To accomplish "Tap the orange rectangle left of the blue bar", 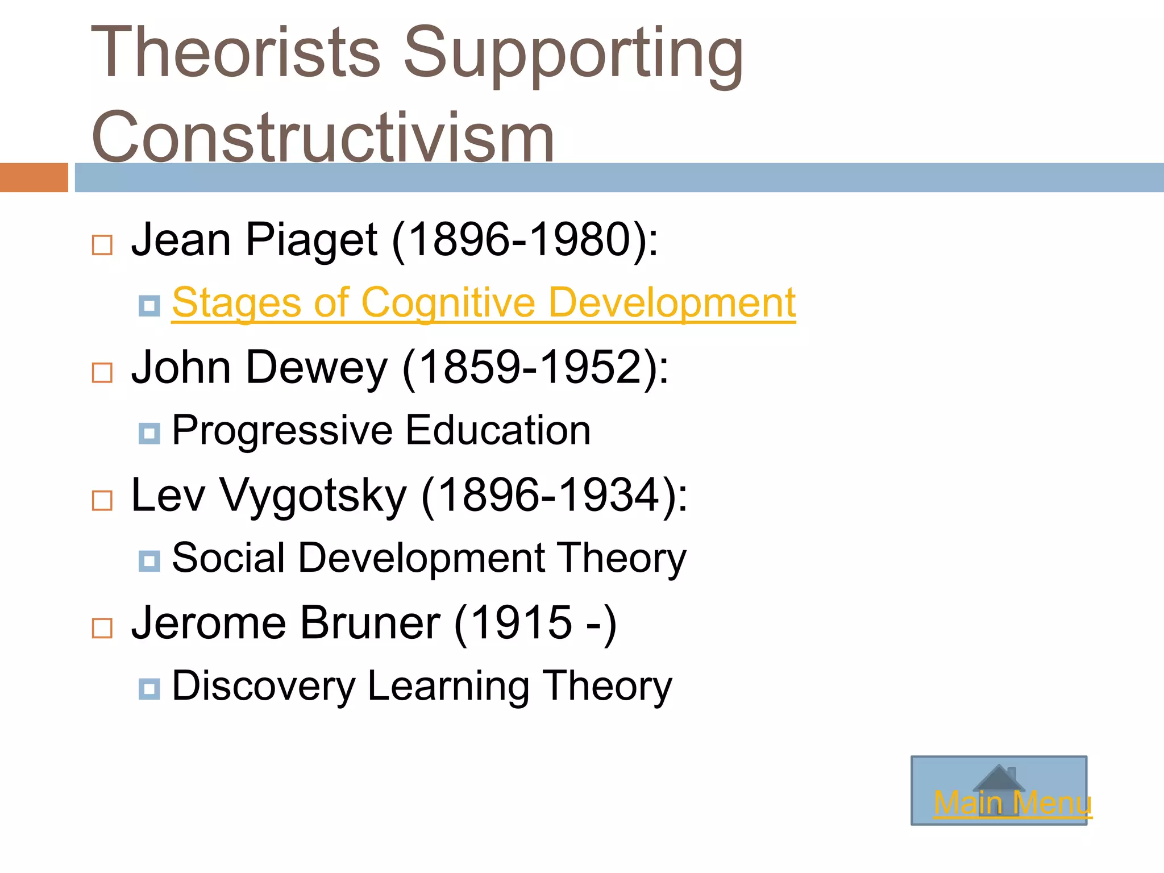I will coord(34,177).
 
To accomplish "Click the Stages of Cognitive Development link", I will coord(483,302).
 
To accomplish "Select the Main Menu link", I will coord(1012,803).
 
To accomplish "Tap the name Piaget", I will coord(311,240).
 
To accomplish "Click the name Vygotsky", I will coord(313,496).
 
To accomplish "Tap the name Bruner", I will coord(370,623).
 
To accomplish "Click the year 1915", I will coord(522,623).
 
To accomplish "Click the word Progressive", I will coord(282,430).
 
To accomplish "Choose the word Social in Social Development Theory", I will coord(228,558).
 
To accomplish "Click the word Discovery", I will coord(263,686).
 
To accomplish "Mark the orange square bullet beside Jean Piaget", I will coord(102,246).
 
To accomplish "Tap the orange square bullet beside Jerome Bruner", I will coord(102,628).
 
